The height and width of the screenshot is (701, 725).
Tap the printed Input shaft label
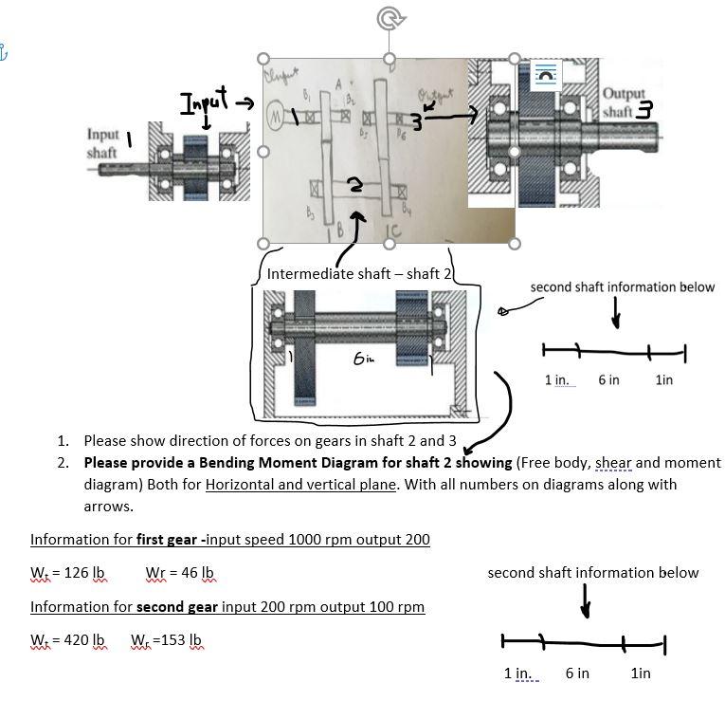click(x=103, y=143)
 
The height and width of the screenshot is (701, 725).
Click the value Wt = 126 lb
click(x=67, y=574)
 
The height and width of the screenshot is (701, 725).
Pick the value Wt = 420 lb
click(x=67, y=640)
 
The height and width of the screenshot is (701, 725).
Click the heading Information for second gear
click(x=138, y=606)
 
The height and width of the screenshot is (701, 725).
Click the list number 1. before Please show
click(x=63, y=440)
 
